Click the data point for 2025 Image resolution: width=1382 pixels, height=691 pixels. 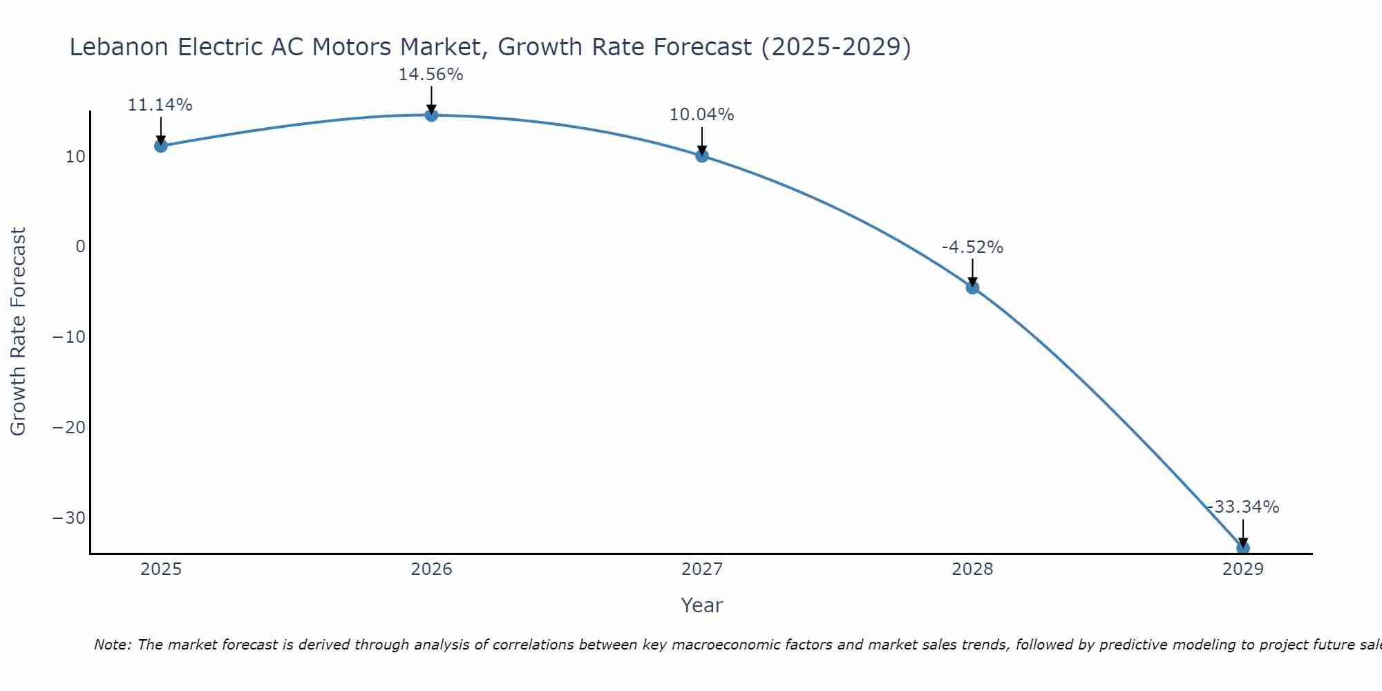click(161, 146)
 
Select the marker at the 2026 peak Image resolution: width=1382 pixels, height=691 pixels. click(431, 115)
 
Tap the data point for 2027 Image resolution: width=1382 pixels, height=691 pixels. click(702, 155)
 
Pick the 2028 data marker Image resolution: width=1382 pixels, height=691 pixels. click(972, 287)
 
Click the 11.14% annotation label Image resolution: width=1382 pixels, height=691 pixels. click(160, 105)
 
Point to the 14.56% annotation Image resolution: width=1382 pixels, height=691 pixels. click(430, 75)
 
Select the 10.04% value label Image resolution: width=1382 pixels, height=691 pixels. click(701, 115)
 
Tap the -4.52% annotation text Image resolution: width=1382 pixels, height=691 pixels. click(972, 247)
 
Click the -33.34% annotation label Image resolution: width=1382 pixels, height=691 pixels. click(1243, 507)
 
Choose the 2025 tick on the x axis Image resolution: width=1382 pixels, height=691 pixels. click(161, 569)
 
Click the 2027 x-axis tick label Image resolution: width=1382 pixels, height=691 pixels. click(702, 569)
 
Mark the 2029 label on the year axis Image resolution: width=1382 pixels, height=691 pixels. click(1243, 569)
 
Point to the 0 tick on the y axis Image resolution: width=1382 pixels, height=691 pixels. click(80, 247)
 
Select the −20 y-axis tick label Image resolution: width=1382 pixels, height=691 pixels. click(69, 428)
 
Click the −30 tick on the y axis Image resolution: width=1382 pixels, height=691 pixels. click(69, 518)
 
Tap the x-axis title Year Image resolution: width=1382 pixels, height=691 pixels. click(701, 605)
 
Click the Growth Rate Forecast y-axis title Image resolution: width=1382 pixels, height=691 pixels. click(18, 332)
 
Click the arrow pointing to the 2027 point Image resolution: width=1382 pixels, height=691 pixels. click(702, 141)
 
